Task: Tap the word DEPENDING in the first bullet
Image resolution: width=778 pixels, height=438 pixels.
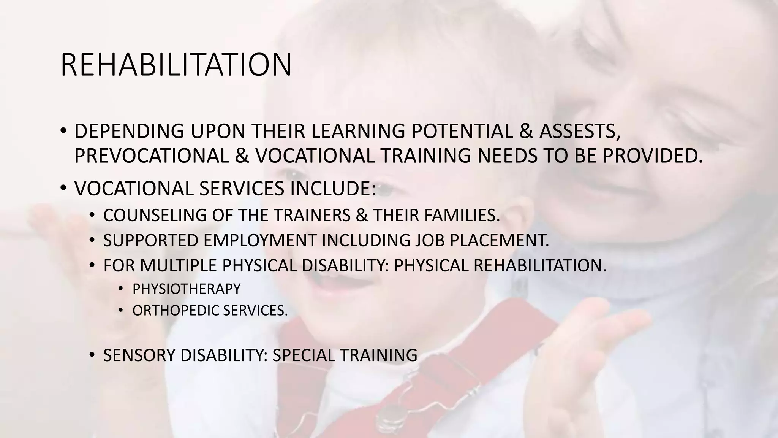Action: tap(129, 131)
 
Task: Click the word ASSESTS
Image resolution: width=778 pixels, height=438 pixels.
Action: tap(580, 131)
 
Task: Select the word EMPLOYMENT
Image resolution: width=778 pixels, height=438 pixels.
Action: tap(260, 240)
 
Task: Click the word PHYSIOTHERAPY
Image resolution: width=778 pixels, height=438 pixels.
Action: tap(187, 289)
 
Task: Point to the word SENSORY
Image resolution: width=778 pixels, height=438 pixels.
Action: tap(139, 355)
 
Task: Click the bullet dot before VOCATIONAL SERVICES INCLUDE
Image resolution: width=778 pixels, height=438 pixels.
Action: tap(63, 188)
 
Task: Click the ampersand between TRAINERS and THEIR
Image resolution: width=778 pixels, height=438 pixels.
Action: tap(362, 216)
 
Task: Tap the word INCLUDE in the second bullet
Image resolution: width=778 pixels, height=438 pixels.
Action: tap(333, 188)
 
